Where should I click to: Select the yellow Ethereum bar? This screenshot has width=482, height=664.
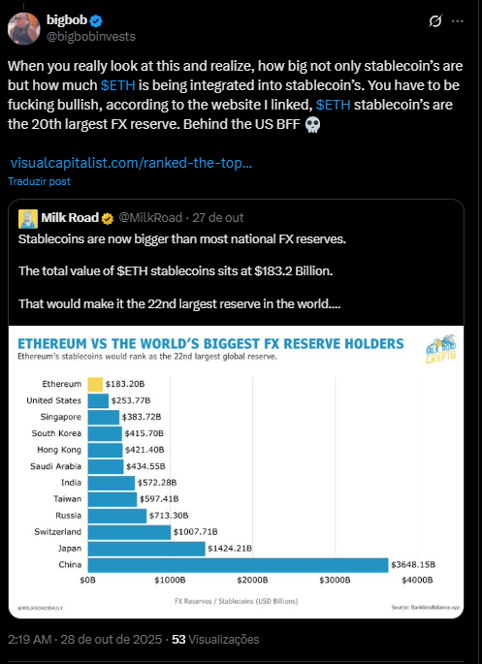pos(94,385)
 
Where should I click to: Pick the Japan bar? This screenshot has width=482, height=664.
pos(145,549)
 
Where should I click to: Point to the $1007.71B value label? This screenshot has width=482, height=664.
pos(198,531)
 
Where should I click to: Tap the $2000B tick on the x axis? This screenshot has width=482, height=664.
pos(252,580)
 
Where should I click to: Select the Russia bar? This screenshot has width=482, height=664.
pos(116,516)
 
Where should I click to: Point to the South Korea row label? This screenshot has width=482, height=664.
pos(55,433)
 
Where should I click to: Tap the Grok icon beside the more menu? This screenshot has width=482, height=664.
pos(436,20)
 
